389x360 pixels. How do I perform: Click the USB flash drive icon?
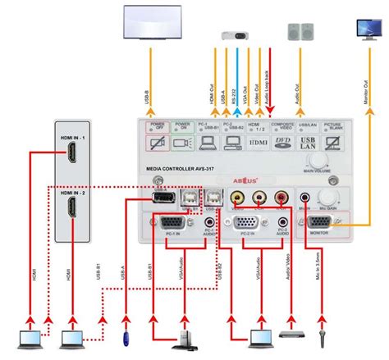click(125, 336)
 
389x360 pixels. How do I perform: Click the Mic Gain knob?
click(329, 198)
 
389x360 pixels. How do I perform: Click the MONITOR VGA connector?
click(326, 221)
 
